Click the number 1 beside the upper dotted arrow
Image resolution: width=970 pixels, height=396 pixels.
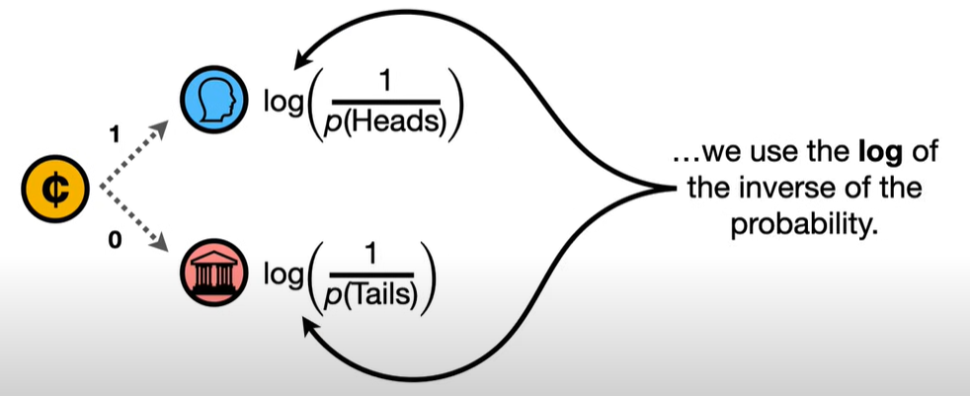coord(117,131)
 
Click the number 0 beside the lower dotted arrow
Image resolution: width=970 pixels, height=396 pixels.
coord(115,242)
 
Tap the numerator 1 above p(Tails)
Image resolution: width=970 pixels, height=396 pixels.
coord(373,254)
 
